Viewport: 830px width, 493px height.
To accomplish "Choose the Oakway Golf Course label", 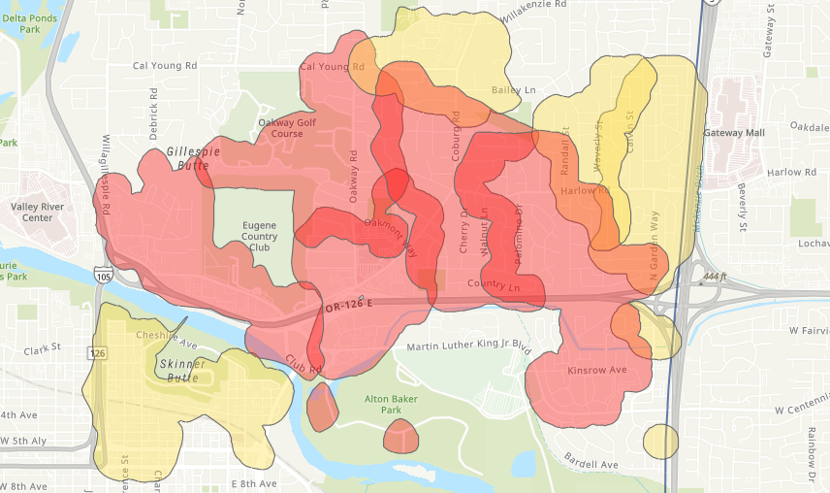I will [287, 128].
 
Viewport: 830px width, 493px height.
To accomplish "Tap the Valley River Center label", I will [31, 212].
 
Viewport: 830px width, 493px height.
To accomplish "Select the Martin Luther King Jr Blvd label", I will [469, 346].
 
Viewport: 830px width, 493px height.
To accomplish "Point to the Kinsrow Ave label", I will [596, 371].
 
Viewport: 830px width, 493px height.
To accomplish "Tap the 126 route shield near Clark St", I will [98, 353].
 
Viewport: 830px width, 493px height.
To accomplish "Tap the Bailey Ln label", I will [514, 90].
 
